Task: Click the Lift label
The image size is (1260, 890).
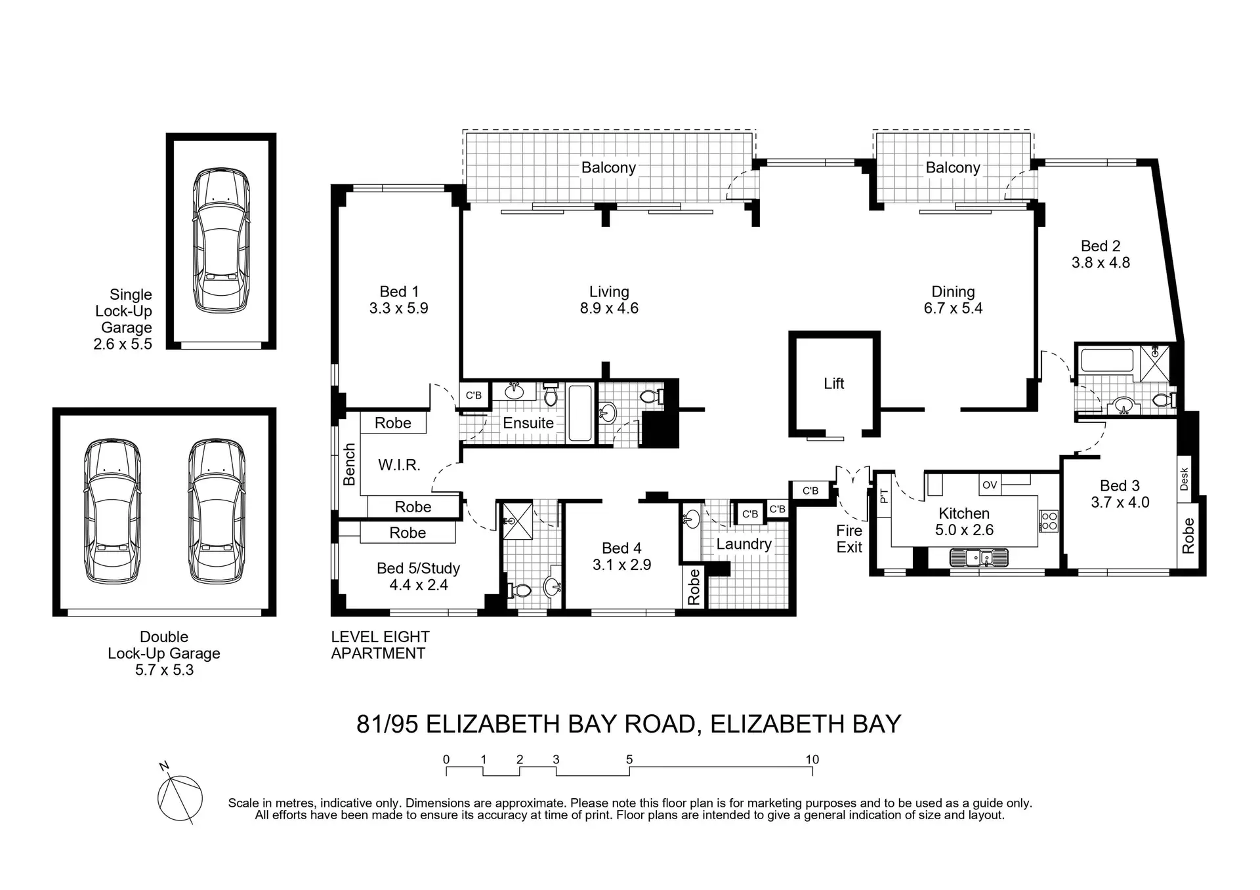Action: click(833, 384)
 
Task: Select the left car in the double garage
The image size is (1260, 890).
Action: click(112, 511)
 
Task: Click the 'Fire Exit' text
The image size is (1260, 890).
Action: click(849, 539)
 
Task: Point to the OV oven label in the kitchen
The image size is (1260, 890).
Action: click(990, 485)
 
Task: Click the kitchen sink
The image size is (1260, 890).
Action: click(978, 558)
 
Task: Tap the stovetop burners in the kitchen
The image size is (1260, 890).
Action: click(1049, 521)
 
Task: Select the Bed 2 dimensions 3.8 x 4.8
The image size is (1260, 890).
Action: click(1101, 263)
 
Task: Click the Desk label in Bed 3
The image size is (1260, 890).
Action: click(1185, 479)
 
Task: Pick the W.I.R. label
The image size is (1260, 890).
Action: click(399, 466)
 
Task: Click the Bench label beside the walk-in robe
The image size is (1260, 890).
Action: click(349, 464)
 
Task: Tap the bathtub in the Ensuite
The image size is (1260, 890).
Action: click(580, 413)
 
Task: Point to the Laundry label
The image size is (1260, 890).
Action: click(744, 544)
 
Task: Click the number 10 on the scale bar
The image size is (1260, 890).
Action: click(812, 759)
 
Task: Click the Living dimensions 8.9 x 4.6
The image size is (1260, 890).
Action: click(609, 309)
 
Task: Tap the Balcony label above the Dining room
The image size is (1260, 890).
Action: click(952, 168)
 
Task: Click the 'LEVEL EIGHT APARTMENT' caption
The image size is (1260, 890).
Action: click(380, 645)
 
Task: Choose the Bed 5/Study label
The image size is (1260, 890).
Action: click(418, 569)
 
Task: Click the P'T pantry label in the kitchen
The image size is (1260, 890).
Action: click(883, 496)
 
